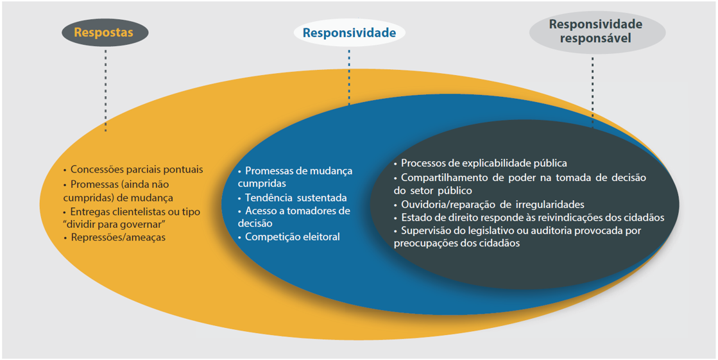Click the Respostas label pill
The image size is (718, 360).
tap(105, 33)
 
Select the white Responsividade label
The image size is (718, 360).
tap(350, 33)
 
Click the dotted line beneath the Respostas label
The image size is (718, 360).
tap(105, 90)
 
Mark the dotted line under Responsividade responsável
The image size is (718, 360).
tap(592, 91)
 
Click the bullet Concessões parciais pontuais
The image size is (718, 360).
tap(133, 169)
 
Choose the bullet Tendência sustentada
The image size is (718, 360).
tap(292, 198)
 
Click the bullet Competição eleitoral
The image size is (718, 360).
tap(289, 237)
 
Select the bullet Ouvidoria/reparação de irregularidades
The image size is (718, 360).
tap(488, 204)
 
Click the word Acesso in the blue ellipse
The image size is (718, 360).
tap(260, 211)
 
